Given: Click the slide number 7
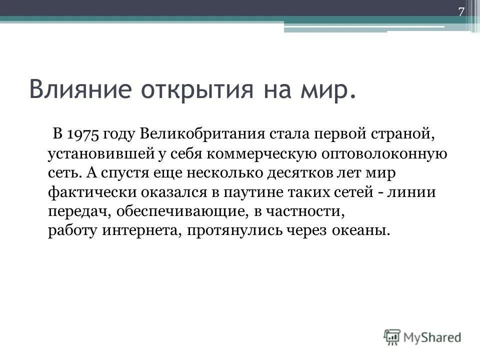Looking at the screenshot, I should [x=461, y=12].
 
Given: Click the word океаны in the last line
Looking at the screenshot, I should [x=362, y=231].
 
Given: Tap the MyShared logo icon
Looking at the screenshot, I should [x=393, y=337].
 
